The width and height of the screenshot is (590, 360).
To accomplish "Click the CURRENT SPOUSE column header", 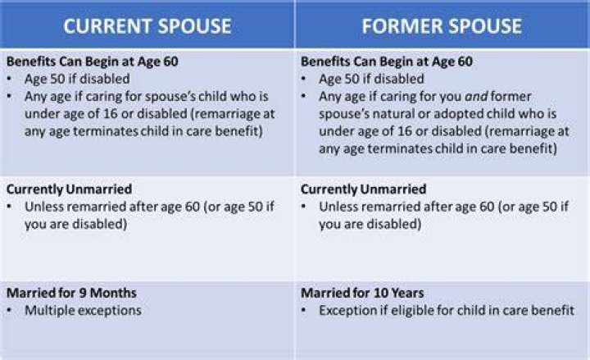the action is click(147, 26).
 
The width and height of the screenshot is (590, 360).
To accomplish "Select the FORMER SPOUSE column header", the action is click(442, 26).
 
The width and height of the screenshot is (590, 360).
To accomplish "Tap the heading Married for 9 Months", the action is click(71, 293).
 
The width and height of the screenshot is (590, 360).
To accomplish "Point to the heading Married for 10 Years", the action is click(362, 293).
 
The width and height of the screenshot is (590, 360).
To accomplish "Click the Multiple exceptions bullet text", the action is click(83, 310).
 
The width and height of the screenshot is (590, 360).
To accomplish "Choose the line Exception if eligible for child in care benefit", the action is click(447, 310).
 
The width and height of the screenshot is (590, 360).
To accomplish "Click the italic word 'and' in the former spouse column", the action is click(476, 97).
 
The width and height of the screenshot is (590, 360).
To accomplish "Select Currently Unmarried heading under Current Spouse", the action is click(69, 189).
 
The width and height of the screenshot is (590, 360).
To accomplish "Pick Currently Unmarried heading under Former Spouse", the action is click(364, 189).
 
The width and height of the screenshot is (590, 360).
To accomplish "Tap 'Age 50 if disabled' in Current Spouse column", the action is click(77, 79).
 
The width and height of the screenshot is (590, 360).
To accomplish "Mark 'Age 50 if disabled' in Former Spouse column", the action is click(371, 79).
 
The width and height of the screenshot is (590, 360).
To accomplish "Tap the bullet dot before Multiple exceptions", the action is click(9, 311).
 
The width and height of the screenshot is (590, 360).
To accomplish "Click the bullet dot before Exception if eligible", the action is click(304, 311).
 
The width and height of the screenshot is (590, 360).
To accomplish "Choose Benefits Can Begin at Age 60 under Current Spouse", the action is click(92, 62).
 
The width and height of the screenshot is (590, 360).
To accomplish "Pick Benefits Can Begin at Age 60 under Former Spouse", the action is click(387, 62).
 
